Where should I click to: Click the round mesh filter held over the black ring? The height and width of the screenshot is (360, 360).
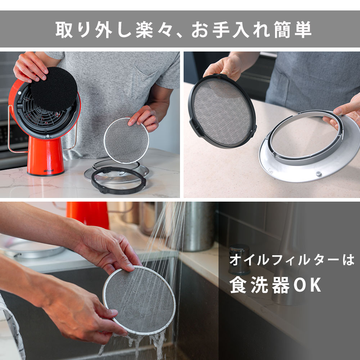(126, 140)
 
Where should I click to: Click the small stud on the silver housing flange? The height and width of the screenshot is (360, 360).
(318, 174)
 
